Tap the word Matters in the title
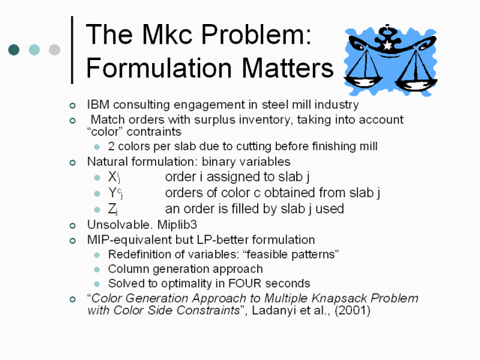pos(287,68)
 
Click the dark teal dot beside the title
pos(13,49)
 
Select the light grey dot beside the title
pos(55,49)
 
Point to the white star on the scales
pos(388,46)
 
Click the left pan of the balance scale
pos(363,82)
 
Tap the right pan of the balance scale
pos(417,84)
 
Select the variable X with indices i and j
pos(114,177)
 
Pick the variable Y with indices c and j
pos(115,193)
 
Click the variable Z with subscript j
pos(112,209)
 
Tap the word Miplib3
pos(177,225)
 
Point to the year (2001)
pos(352,310)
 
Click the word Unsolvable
pos(120,225)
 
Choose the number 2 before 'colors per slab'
pos(112,146)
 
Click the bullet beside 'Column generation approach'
pos(97,269)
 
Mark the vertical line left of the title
pos(72,50)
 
